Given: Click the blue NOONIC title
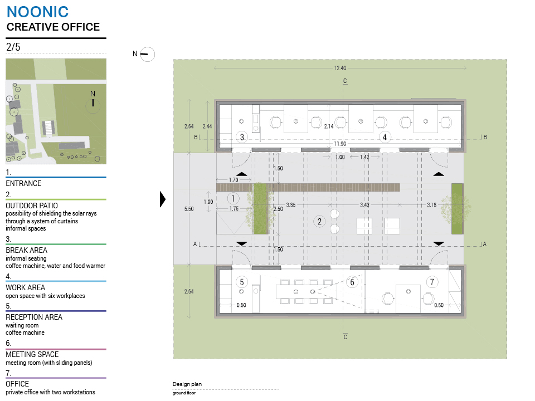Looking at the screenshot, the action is point(37,12).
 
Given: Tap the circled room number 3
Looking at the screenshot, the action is point(242,137).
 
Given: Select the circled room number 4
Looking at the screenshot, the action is point(385,137).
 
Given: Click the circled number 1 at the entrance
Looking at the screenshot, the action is point(233,198).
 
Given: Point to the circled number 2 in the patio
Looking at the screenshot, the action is point(319,222).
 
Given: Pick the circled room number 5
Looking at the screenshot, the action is point(241,282).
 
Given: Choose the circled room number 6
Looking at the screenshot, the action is point(352,282).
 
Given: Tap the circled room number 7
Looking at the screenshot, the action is point(432,282).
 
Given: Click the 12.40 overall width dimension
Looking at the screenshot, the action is point(340,68).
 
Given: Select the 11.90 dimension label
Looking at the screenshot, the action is point(340,144).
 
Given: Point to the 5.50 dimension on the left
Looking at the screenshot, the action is point(189,209).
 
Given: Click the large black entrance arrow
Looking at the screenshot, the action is point(163,199).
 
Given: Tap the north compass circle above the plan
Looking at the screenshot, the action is point(147,54).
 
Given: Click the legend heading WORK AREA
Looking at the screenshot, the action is point(25,287).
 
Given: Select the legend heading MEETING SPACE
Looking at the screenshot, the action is point(32,354).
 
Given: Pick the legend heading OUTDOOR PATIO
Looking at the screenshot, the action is point(32,206).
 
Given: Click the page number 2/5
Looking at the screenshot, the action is point(13,47).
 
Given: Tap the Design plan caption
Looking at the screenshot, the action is point(187,384).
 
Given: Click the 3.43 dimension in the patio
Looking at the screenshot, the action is point(364,204).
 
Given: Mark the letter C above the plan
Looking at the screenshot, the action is point(345,81).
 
